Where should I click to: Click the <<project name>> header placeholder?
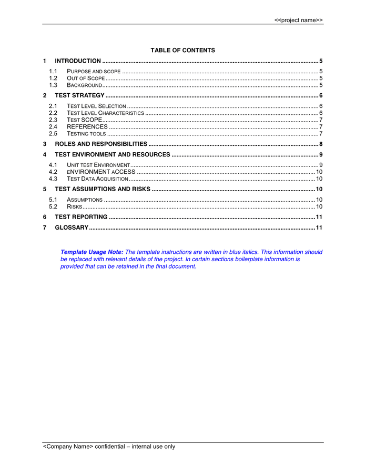click(x=298, y=20)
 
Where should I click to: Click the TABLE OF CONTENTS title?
click(x=182, y=51)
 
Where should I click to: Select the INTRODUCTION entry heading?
click(x=78, y=61)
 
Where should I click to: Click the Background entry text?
click(x=84, y=85)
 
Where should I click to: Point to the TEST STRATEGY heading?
click(x=79, y=95)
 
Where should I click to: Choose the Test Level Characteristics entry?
click(x=105, y=113)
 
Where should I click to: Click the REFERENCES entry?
click(x=87, y=126)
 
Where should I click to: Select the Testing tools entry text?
click(x=86, y=133)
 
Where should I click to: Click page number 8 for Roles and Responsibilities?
click(x=320, y=144)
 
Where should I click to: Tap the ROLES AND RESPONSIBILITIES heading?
click(x=101, y=144)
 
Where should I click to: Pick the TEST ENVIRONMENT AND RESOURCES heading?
click(x=113, y=154)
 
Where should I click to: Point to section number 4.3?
click(x=53, y=179)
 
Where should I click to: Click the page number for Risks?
click(x=319, y=206)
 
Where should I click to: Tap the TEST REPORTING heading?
click(x=81, y=216)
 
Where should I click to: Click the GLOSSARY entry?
click(x=72, y=227)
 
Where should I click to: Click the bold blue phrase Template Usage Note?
click(x=91, y=252)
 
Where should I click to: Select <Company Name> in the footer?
click(x=68, y=447)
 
